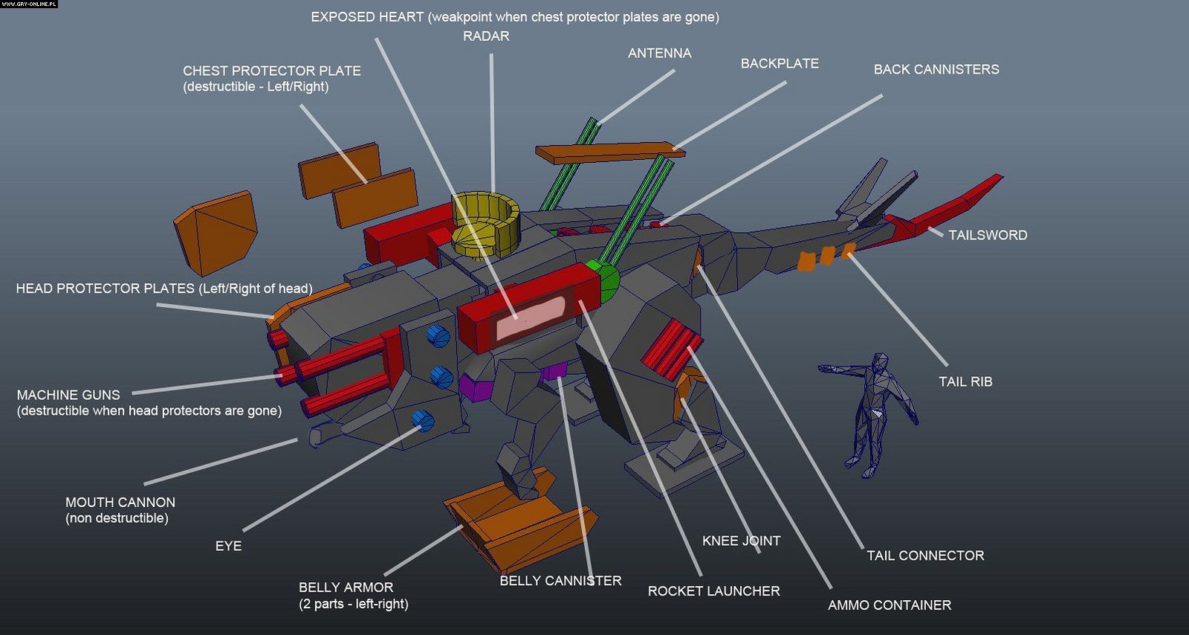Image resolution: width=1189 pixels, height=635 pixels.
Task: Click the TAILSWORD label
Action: click(x=988, y=235)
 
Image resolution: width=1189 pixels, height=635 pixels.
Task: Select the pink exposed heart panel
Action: click(x=530, y=317)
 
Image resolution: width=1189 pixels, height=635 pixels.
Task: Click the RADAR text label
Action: click(x=486, y=36)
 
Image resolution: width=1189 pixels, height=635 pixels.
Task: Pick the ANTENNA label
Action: click(x=659, y=53)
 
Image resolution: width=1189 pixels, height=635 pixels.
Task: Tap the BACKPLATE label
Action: click(x=780, y=63)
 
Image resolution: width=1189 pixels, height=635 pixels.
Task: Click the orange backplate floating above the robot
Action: click(x=609, y=153)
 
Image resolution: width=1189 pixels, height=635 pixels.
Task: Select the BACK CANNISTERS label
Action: click(x=936, y=69)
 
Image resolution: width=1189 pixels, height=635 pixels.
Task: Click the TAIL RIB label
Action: click(x=965, y=381)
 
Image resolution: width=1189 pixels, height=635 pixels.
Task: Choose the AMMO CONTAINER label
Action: click(x=889, y=605)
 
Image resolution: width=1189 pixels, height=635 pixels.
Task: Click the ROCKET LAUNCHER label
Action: click(x=713, y=591)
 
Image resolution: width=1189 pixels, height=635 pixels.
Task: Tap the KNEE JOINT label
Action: click(x=741, y=541)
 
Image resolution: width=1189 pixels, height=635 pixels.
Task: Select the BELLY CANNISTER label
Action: click(x=560, y=581)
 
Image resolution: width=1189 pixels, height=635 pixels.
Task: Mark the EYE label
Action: click(x=228, y=546)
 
